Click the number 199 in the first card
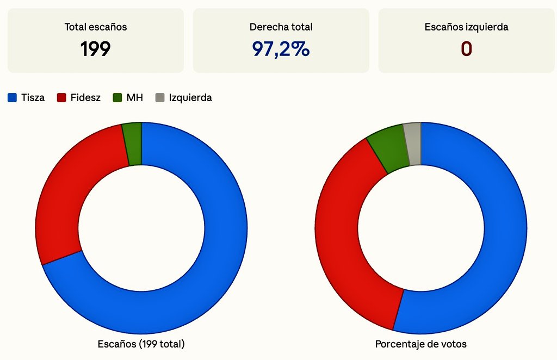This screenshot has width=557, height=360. [96, 49]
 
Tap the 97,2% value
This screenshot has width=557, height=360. [281, 49]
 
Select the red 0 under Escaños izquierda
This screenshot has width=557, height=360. [466, 49]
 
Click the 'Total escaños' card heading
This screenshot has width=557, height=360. [96, 27]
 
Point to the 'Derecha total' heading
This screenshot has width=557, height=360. [281, 27]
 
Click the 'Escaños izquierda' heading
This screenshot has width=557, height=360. [466, 27]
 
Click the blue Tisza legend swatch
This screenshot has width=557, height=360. [13, 98]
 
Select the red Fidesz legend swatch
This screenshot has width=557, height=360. [61, 98]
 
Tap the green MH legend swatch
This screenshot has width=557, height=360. [117, 98]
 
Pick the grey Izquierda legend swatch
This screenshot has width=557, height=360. [159, 98]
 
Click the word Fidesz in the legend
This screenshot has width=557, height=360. [85, 98]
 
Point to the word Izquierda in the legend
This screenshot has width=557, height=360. [190, 98]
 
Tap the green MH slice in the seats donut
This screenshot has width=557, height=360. [132, 144]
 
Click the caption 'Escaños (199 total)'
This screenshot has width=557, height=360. [141, 344]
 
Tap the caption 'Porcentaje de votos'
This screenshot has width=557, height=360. [420, 344]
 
